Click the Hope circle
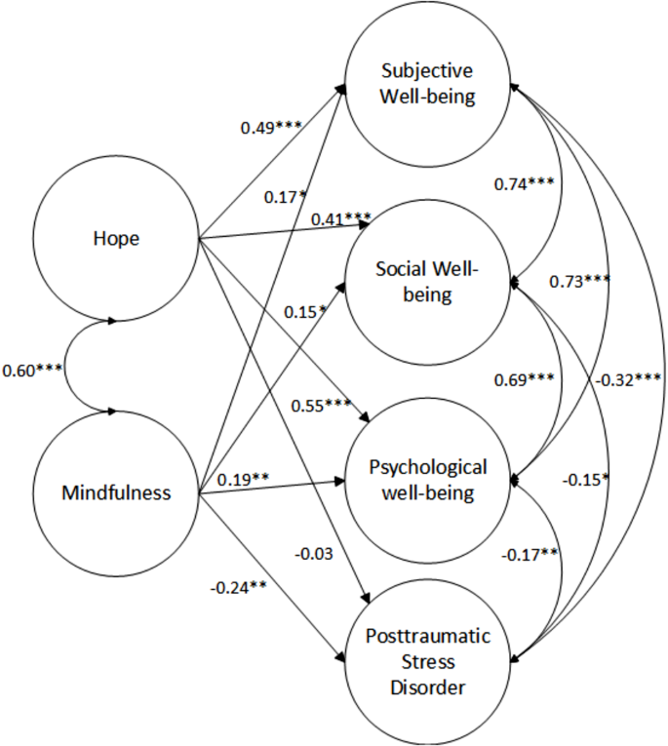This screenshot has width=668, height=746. (116, 236)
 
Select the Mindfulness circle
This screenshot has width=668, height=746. (116, 492)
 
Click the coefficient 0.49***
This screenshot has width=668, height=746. (270, 128)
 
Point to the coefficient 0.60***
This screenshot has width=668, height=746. (32, 372)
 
